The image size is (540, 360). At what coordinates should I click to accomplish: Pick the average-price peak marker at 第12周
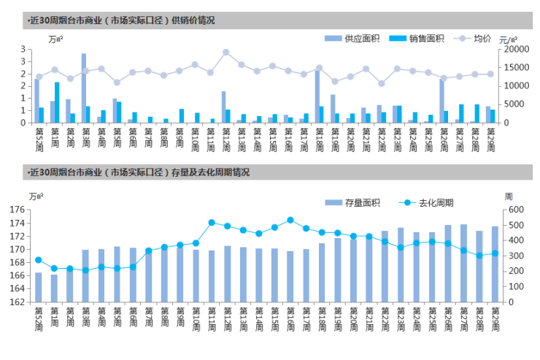[x=225, y=52]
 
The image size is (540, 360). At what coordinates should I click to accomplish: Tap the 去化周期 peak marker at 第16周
[x=290, y=220]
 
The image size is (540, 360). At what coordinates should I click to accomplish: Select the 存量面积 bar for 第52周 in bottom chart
[x=38, y=287]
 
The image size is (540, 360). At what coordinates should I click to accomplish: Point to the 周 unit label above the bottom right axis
[x=508, y=196]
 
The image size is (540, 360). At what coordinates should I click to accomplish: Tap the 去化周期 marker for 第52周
[x=38, y=260]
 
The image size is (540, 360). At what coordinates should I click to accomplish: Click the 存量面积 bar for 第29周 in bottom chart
[x=495, y=264]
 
